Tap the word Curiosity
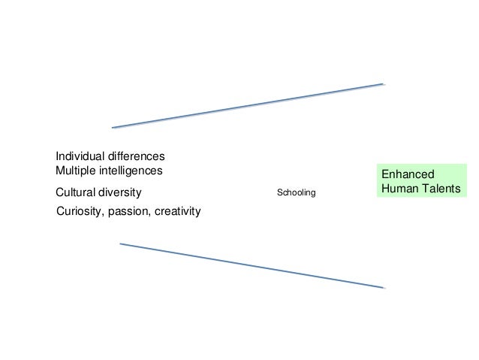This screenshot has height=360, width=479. [x=80, y=212]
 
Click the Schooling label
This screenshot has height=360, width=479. [x=297, y=193]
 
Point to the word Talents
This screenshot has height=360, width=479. [x=440, y=189]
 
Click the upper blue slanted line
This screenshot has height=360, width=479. [x=248, y=106]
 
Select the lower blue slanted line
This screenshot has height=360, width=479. [x=252, y=265]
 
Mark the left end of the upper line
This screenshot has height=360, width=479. [x=113, y=128]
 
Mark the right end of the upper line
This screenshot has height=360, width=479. [x=384, y=84]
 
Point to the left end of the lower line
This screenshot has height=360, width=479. [x=120, y=244]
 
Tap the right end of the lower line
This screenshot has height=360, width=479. [x=384, y=288]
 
